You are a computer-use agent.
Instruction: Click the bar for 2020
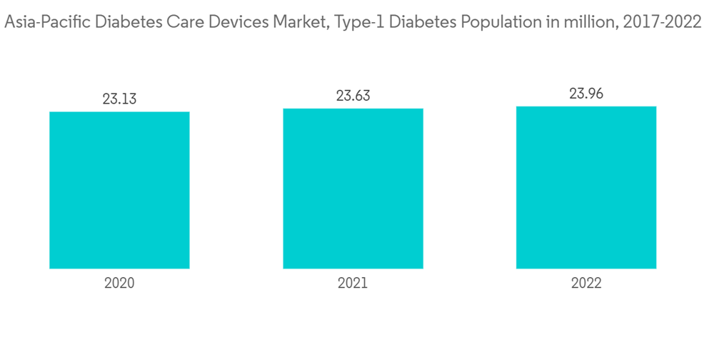click(119, 190)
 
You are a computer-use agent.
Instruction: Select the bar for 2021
click(353, 189)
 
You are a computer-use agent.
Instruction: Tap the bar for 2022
click(586, 187)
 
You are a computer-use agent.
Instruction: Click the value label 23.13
click(119, 99)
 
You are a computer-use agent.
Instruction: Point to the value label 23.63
click(353, 96)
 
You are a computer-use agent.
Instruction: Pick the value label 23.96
click(586, 94)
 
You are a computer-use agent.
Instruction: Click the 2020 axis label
click(119, 283)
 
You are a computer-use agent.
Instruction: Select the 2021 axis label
click(353, 283)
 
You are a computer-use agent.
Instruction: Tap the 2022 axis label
click(586, 283)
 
